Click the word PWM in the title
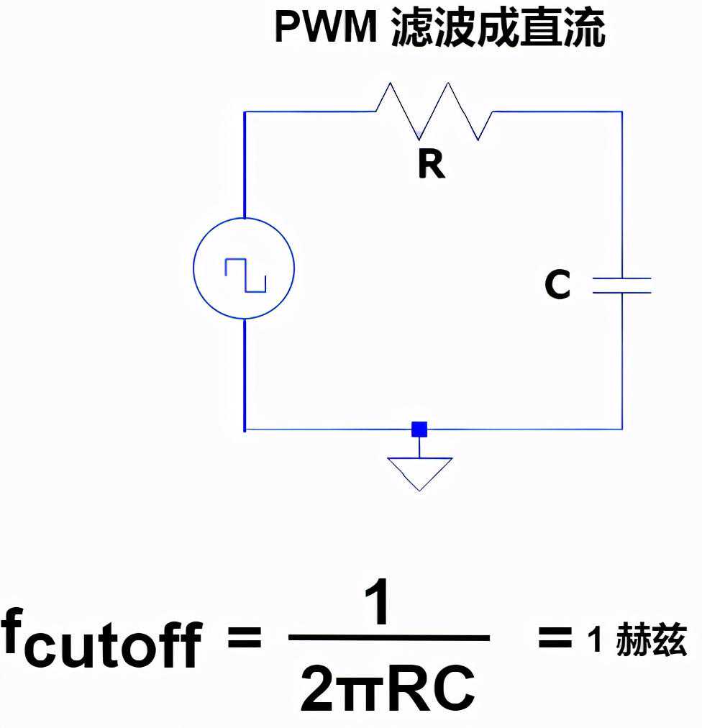click(x=326, y=29)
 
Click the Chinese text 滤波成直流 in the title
click(x=498, y=29)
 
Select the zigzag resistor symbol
click(x=434, y=111)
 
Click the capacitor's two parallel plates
click(x=621, y=286)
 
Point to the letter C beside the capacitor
click(x=557, y=286)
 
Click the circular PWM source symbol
click(x=245, y=269)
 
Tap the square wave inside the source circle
click(x=245, y=276)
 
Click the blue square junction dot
click(x=419, y=430)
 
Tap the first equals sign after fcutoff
click(x=244, y=637)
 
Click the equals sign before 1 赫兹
click(x=555, y=637)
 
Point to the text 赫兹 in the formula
click(x=651, y=640)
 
